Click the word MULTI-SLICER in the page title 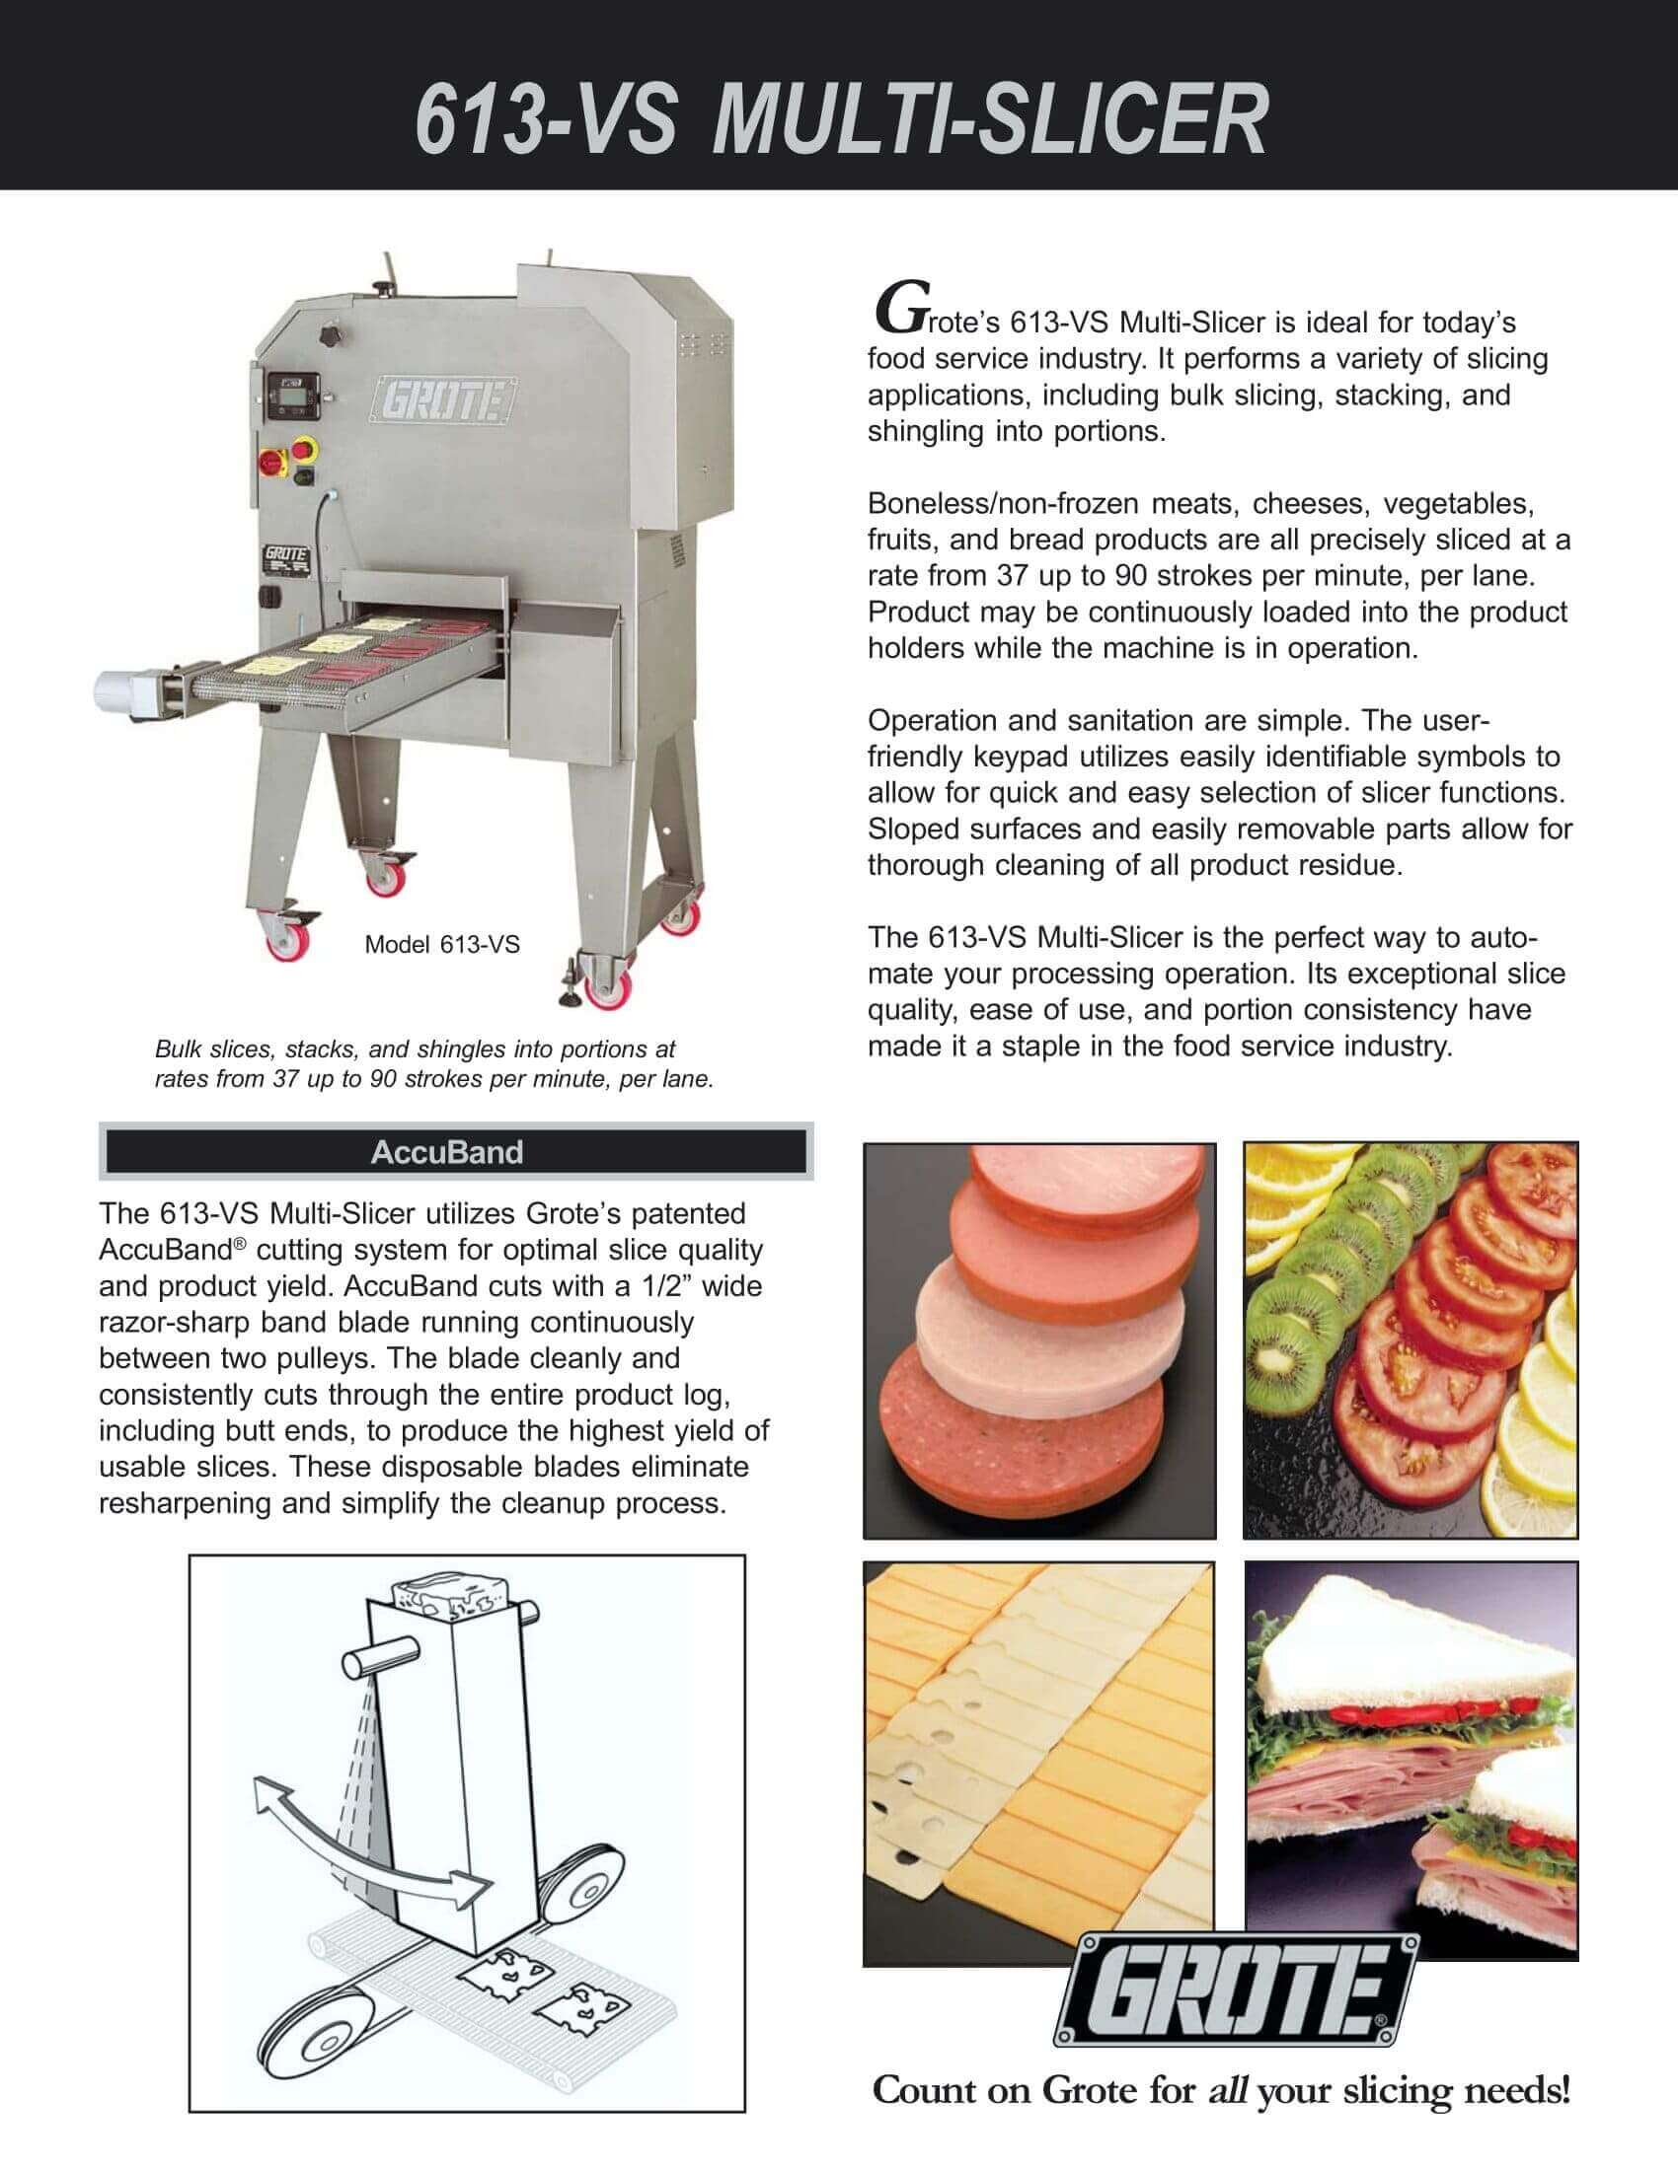pyautogui.click(x=988, y=119)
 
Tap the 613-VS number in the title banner pyautogui.click(x=545, y=119)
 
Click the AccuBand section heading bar pyautogui.click(x=456, y=1151)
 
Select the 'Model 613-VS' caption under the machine pyautogui.click(x=441, y=944)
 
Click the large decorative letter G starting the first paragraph pyautogui.click(x=891, y=308)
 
